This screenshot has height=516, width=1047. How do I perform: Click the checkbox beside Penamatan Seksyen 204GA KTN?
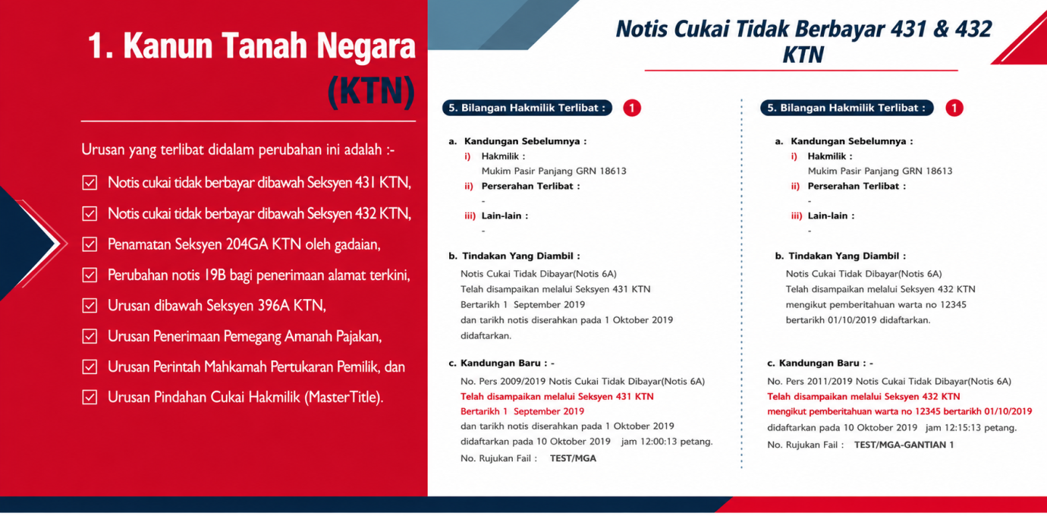coord(90,244)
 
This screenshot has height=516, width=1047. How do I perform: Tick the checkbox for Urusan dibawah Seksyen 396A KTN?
coord(90,306)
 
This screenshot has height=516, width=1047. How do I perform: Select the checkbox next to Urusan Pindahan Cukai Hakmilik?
coord(90,398)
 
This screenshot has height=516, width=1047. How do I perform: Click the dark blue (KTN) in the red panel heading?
coord(372,91)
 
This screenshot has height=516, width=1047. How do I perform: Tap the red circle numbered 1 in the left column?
coord(631,108)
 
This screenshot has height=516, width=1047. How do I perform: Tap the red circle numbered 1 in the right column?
coord(954,108)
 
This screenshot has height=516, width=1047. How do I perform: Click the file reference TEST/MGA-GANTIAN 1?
coord(904,445)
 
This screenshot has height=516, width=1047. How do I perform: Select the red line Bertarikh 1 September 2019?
coord(522,411)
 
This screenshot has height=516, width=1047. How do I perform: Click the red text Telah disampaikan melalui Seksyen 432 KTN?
coord(863,396)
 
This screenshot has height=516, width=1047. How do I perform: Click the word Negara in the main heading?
coord(366,47)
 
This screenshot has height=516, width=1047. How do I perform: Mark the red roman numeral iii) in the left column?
coord(470,216)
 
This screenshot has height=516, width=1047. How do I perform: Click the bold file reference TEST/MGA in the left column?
coord(573,458)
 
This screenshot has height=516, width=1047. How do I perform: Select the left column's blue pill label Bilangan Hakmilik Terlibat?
coord(527,108)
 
